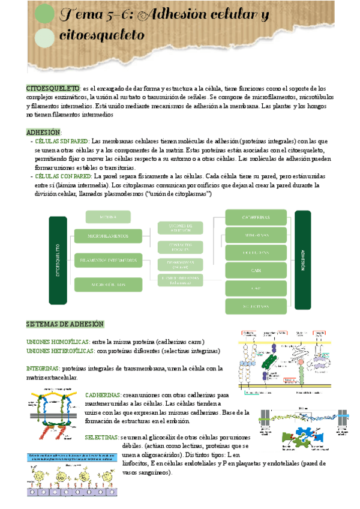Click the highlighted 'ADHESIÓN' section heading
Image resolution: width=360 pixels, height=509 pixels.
(x=44, y=132)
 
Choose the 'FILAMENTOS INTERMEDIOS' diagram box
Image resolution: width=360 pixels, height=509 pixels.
(x=107, y=261)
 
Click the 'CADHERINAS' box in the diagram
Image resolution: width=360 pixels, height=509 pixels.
(x=256, y=217)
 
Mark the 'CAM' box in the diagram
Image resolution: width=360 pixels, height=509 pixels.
(x=256, y=271)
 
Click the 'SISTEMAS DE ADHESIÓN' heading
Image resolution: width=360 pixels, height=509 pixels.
(x=65, y=324)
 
